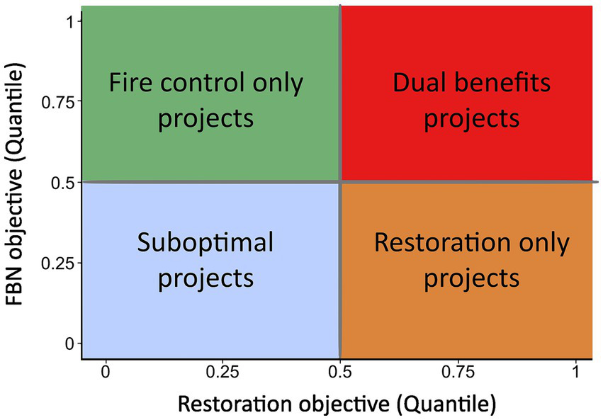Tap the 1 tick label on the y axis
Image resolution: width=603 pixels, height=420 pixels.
pos(69,22)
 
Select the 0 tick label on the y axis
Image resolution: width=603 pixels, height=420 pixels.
pos(69,344)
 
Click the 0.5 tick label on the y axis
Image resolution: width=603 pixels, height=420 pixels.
pos(62,183)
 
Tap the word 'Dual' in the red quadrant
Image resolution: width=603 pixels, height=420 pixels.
pos(419,84)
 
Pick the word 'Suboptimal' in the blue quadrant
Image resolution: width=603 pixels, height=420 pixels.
pos(205,244)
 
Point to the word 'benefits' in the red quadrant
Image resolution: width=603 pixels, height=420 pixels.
pos(502,84)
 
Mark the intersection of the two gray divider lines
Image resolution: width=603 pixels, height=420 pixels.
pos(341,183)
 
